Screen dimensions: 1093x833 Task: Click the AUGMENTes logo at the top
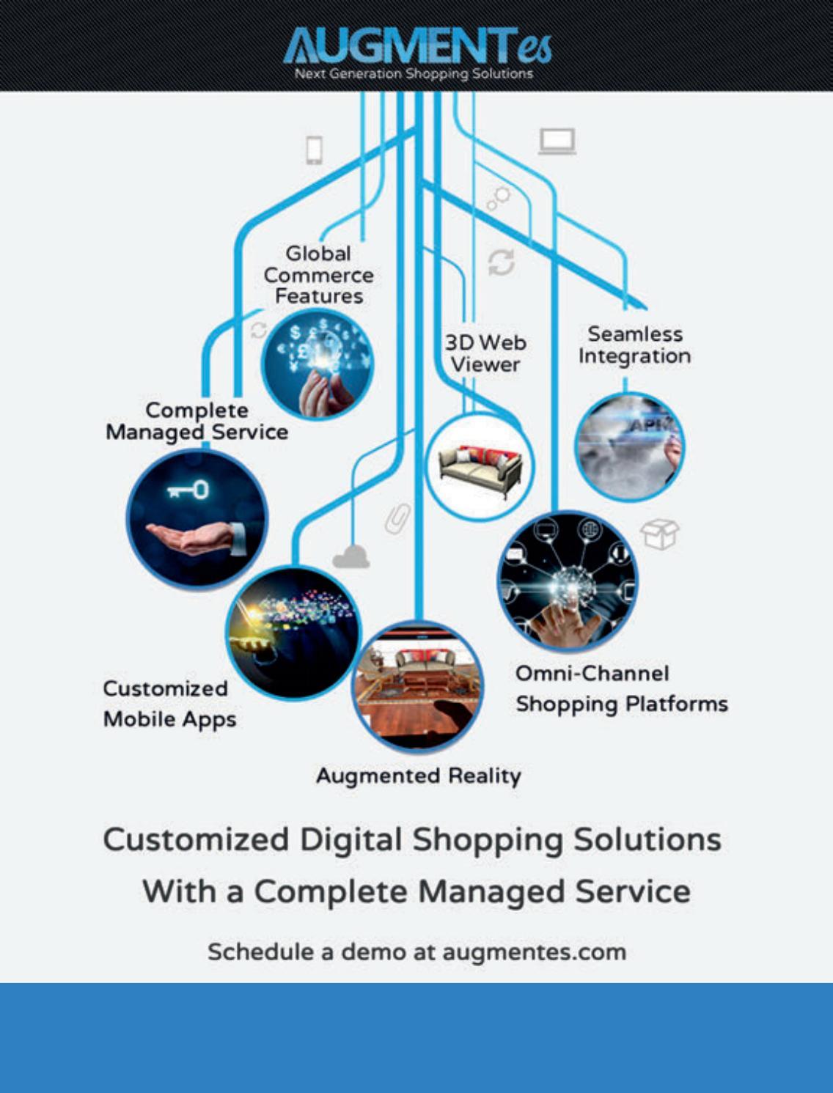pos(416,45)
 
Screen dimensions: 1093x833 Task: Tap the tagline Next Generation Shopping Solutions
pos(414,73)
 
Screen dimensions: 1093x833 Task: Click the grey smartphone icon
pos(314,150)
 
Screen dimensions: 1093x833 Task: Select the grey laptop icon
pos(557,141)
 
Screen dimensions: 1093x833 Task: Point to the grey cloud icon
pos(351,557)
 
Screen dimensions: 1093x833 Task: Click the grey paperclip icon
pos(397,518)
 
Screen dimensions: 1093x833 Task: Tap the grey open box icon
pos(659,534)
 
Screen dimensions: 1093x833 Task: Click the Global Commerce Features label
pos(318,275)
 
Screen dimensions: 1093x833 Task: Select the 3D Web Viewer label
pos(485,353)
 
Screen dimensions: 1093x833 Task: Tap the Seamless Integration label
pos(634,345)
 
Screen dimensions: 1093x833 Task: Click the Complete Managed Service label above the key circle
pos(197,422)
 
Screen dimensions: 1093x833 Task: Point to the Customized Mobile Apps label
pos(169,704)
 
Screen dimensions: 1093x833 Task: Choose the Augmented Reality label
pos(419,776)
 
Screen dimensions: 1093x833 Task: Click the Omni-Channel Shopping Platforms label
pos(621,689)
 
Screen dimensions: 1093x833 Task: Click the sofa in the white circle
pos(480,468)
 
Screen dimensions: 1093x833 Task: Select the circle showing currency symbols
pos(318,364)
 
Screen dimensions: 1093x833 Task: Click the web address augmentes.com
pos(534,952)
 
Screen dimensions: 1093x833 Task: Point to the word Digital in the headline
pos(351,840)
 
